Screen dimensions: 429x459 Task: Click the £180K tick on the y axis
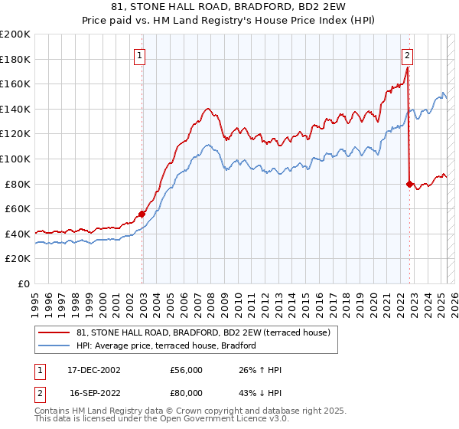pos(15,59)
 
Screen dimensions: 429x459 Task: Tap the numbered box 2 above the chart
pos(408,54)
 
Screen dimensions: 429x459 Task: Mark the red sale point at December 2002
pos(142,214)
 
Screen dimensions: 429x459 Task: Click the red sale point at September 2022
pos(409,184)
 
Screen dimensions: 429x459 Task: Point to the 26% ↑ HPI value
pos(260,370)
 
